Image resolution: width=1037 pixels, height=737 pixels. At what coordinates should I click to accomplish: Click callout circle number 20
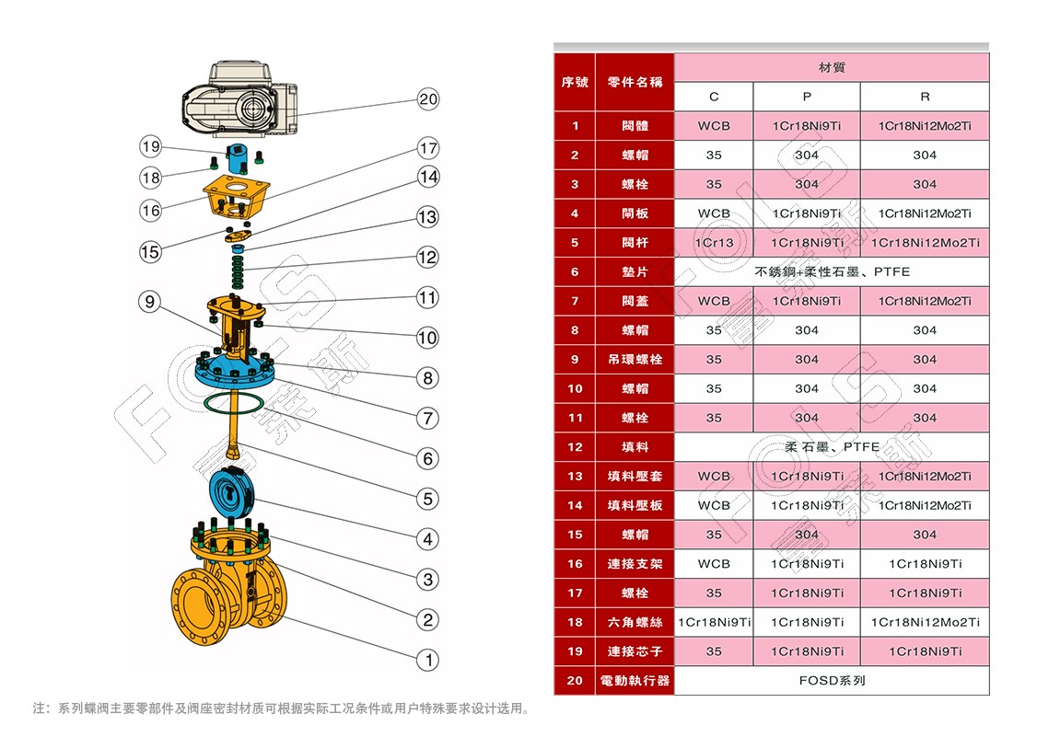[428, 99]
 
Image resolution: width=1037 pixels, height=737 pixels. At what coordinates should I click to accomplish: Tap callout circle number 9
[151, 301]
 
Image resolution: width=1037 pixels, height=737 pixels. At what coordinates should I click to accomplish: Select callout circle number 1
[427, 660]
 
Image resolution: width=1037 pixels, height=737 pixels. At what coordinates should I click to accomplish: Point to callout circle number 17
[428, 148]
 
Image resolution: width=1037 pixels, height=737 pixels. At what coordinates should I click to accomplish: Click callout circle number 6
[427, 458]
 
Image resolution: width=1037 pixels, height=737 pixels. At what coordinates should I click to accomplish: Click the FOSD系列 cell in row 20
[832, 681]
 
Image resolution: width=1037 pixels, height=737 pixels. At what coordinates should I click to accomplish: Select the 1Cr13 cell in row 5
[714, 243]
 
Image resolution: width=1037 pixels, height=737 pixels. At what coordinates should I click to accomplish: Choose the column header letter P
[807, 97]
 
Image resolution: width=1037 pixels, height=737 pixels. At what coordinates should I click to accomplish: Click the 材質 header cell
[832, 68]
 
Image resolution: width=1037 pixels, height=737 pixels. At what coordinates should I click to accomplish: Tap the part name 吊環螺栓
[635, 360]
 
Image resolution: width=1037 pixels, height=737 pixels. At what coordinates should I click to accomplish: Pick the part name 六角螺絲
[635, 623]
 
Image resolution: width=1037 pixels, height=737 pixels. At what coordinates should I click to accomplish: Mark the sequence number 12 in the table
[575, 447]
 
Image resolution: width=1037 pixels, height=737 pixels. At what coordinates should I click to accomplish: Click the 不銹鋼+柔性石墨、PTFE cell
[832, 272]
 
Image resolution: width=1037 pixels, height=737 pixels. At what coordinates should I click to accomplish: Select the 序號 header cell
[575, 82]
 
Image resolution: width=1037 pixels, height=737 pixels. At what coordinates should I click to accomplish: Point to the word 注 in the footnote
[40, 708]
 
